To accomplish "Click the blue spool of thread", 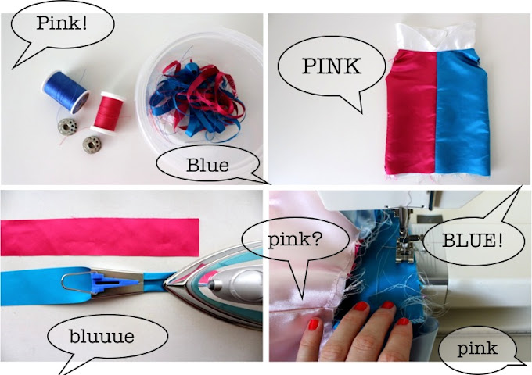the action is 66,91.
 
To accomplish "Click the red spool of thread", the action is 107,112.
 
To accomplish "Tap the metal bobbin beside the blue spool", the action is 67,127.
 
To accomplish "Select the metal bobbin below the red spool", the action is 92,145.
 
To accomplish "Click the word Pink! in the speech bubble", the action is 62,23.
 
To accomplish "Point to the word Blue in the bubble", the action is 207,166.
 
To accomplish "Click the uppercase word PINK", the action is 332,66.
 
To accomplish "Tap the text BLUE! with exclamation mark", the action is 473,240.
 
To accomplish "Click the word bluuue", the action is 102,336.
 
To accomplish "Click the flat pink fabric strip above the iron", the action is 99,237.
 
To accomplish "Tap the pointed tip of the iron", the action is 164,282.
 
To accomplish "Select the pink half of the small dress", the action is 412,112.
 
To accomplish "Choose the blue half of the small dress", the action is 462,112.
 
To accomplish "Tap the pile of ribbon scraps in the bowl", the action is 198,98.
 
